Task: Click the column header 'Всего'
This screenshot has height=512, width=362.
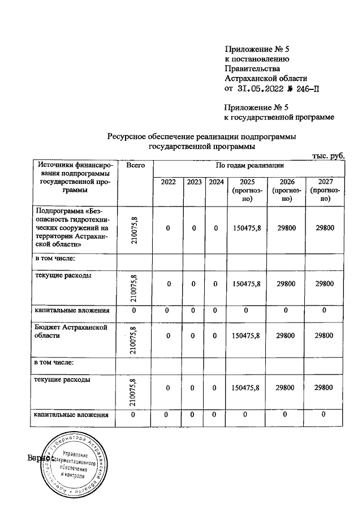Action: (x=135, y=165)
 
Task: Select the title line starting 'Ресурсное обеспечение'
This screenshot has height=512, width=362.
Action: (x=201, y=136)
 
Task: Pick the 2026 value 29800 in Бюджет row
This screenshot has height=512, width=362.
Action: (x=285, y=335)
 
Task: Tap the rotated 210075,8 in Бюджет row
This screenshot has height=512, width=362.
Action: (x=133, y=339)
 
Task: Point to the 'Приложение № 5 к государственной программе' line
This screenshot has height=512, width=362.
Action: (x=279, y=112)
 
